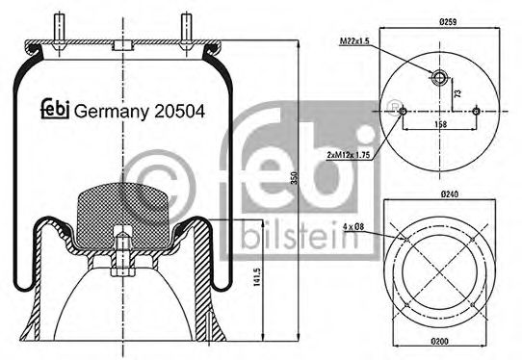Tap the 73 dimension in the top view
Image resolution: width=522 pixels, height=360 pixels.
457,94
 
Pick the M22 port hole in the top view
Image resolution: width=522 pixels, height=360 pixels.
439,78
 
